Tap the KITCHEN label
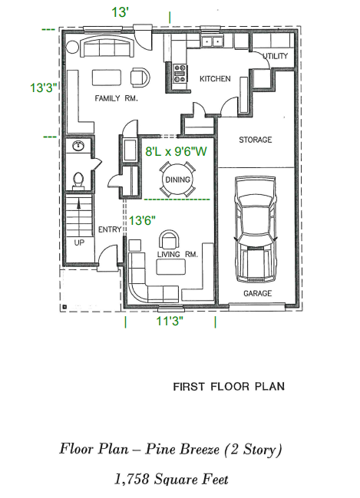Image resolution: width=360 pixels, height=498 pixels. (215, 79)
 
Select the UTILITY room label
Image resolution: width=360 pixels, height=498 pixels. (275, 57)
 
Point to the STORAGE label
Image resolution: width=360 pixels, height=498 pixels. (255, 140)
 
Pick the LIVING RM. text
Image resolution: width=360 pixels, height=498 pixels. (177, 254)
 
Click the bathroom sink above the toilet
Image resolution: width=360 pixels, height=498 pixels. (78, 146)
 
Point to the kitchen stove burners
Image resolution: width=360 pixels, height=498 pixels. (182, 73)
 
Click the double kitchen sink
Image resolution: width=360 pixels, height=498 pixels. (211, 41)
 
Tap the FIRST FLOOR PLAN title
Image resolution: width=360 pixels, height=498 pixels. (228, 386)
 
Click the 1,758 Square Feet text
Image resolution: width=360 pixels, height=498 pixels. (171, 480)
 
